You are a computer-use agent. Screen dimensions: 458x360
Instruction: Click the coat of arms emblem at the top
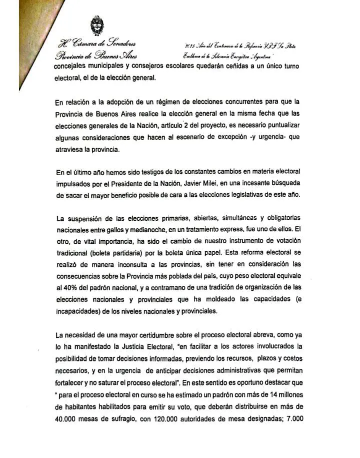point(94,25)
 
